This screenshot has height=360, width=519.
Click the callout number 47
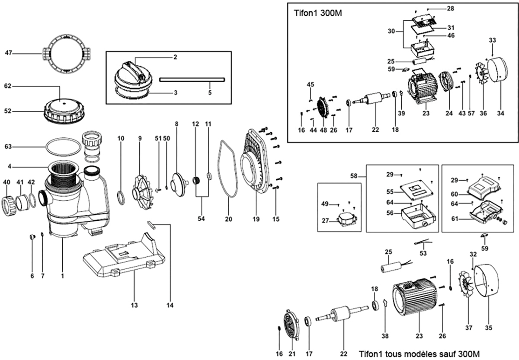(x=8, y=53)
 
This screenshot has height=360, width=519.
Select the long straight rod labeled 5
(x=192, y=80)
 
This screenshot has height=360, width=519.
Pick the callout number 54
(x=201, y=219)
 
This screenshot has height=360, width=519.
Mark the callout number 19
(x=256, y=219)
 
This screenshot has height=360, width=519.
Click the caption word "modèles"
(x=420, y=353)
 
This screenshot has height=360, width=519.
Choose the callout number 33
(x=492, y=40)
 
